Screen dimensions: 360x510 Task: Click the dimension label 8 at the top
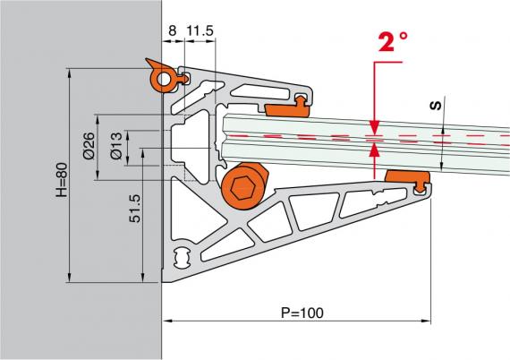click(171, 30)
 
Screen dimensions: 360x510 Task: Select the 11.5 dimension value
click(200, 30)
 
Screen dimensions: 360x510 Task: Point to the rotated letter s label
click(436, 106)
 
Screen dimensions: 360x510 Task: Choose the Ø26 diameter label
click(89, 148)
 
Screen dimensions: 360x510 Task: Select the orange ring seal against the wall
click(164, 79)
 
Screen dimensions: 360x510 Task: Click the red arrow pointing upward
click(375, 154)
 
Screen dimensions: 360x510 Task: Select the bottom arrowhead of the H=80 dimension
click(69, 279)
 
